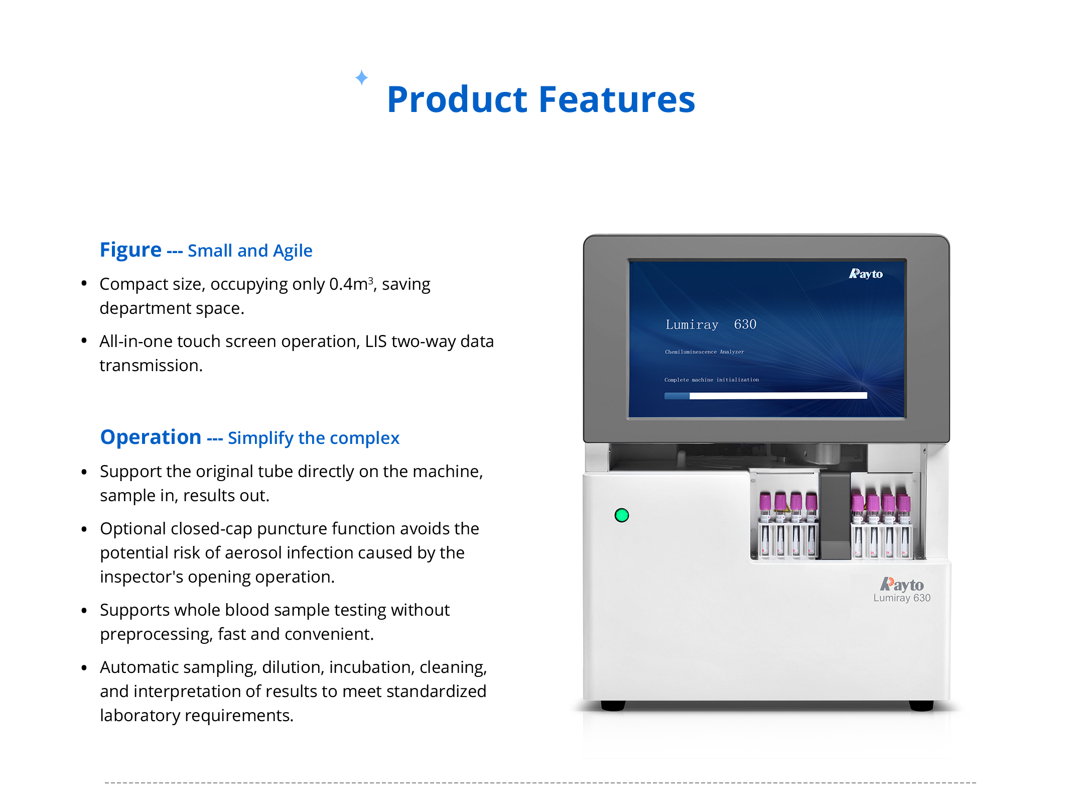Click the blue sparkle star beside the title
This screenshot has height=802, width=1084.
[361, 77]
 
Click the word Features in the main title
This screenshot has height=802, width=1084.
[617, 99]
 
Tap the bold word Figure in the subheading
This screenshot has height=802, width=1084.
[130, 251]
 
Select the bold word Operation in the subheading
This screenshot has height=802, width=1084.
[151, 437]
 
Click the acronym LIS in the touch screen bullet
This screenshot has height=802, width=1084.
[376, 341]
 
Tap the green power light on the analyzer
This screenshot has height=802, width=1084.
[622, 515]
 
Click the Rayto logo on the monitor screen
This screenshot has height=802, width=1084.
[866, 274]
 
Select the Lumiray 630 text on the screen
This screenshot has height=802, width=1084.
[711, 324]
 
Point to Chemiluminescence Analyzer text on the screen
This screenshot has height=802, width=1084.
[705, 352]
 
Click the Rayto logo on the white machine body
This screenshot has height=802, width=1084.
[902, 585]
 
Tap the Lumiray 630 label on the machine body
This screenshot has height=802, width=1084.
[902, 598]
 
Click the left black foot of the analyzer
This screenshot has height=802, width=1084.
[613, 706]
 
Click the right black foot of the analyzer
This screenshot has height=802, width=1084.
[921, 706]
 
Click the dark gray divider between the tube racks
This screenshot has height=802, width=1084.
[835, 515]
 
